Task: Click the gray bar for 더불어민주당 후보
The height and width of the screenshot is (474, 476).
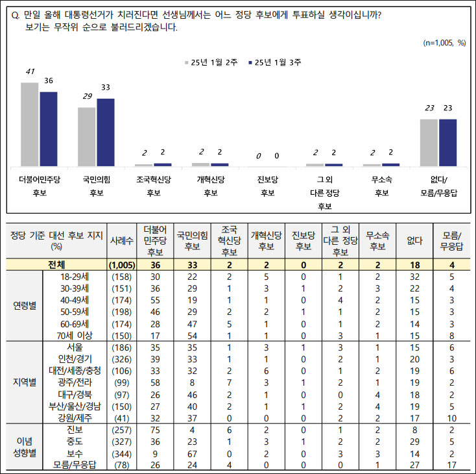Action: [x=30, y=124]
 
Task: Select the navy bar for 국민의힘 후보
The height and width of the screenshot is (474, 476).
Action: [x=106, y=132]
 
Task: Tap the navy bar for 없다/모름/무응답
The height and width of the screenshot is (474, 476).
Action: [x=448, y=142]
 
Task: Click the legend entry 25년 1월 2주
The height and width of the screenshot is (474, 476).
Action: [x=211, y=62]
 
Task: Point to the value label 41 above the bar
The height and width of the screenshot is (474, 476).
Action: [x=30, y=71]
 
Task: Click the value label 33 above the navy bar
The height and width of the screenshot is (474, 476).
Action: [x=106, y=87]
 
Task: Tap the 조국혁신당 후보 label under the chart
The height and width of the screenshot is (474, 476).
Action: [x=154, y=186]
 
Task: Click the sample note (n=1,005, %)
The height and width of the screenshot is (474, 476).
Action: [x=444, y=43]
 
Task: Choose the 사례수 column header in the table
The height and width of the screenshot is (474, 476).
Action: [x=121, y=240]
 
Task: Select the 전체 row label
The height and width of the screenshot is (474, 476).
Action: [x=56, y=265]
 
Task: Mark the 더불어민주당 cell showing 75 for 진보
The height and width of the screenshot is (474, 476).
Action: [x=156, y=429]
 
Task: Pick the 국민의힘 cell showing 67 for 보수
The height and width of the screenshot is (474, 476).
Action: [x=192, y=453]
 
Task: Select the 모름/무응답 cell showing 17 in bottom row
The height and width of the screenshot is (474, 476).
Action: [x=448, y=464]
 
